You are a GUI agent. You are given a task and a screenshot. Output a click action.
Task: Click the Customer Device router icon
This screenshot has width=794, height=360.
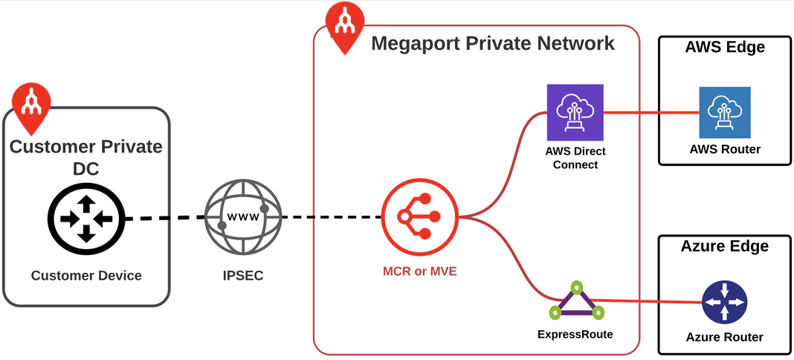point(85,219)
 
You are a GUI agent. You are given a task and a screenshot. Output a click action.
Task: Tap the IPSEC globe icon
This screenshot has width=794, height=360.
point(243,218)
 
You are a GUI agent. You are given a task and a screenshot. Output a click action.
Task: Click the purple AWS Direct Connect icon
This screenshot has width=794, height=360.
point(575,112)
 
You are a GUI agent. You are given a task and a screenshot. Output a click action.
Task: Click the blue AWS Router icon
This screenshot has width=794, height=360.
point(724,112)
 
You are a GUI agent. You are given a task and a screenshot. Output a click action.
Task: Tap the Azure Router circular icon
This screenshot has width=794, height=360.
point(724,302)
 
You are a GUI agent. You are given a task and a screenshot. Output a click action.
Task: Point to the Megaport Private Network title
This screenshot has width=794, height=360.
point(492,43)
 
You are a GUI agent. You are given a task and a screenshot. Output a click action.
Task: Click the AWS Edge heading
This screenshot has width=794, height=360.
point(724,48)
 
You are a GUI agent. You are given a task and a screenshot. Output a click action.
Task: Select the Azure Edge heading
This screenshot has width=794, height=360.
point(724,246)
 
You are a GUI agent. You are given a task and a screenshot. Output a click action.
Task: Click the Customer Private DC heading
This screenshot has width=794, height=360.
point(85,157)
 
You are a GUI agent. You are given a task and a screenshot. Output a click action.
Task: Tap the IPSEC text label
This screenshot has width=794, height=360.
point(243,276)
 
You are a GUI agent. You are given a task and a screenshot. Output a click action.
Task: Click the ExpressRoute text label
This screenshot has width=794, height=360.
point(575,334)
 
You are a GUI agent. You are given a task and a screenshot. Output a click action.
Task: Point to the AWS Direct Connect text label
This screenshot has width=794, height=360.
point(575,158)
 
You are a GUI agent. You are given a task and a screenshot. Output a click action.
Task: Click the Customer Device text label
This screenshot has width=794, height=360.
point(86,276)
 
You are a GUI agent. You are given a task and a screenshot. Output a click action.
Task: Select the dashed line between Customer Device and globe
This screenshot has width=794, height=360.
point(164,219)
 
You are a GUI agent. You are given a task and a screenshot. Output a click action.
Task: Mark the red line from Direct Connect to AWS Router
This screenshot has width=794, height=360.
point(651,113)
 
